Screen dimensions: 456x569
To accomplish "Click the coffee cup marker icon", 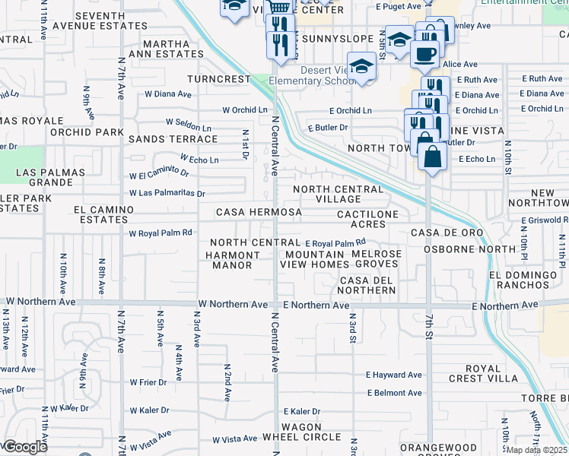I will coord(424,54).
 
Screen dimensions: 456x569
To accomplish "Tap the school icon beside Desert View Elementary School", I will coord(362,66).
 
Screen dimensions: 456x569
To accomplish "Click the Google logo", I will coord(24,446).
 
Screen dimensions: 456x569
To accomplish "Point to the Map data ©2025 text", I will coord(537,450).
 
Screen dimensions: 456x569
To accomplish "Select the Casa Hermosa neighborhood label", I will coord(254,212).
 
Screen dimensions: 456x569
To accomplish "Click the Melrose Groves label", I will coord(377,258).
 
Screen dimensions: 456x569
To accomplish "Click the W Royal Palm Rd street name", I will coord(160,233).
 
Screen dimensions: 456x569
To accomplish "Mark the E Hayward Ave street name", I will coord(393,375).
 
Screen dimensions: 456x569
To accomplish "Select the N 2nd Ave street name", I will coord(227,382).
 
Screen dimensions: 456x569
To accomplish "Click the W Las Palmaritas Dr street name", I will coord(167,193).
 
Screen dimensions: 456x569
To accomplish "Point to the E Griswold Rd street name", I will coord(545,220).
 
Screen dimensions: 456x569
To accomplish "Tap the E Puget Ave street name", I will coord(398,6).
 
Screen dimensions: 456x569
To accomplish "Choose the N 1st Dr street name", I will coord(245,143).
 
